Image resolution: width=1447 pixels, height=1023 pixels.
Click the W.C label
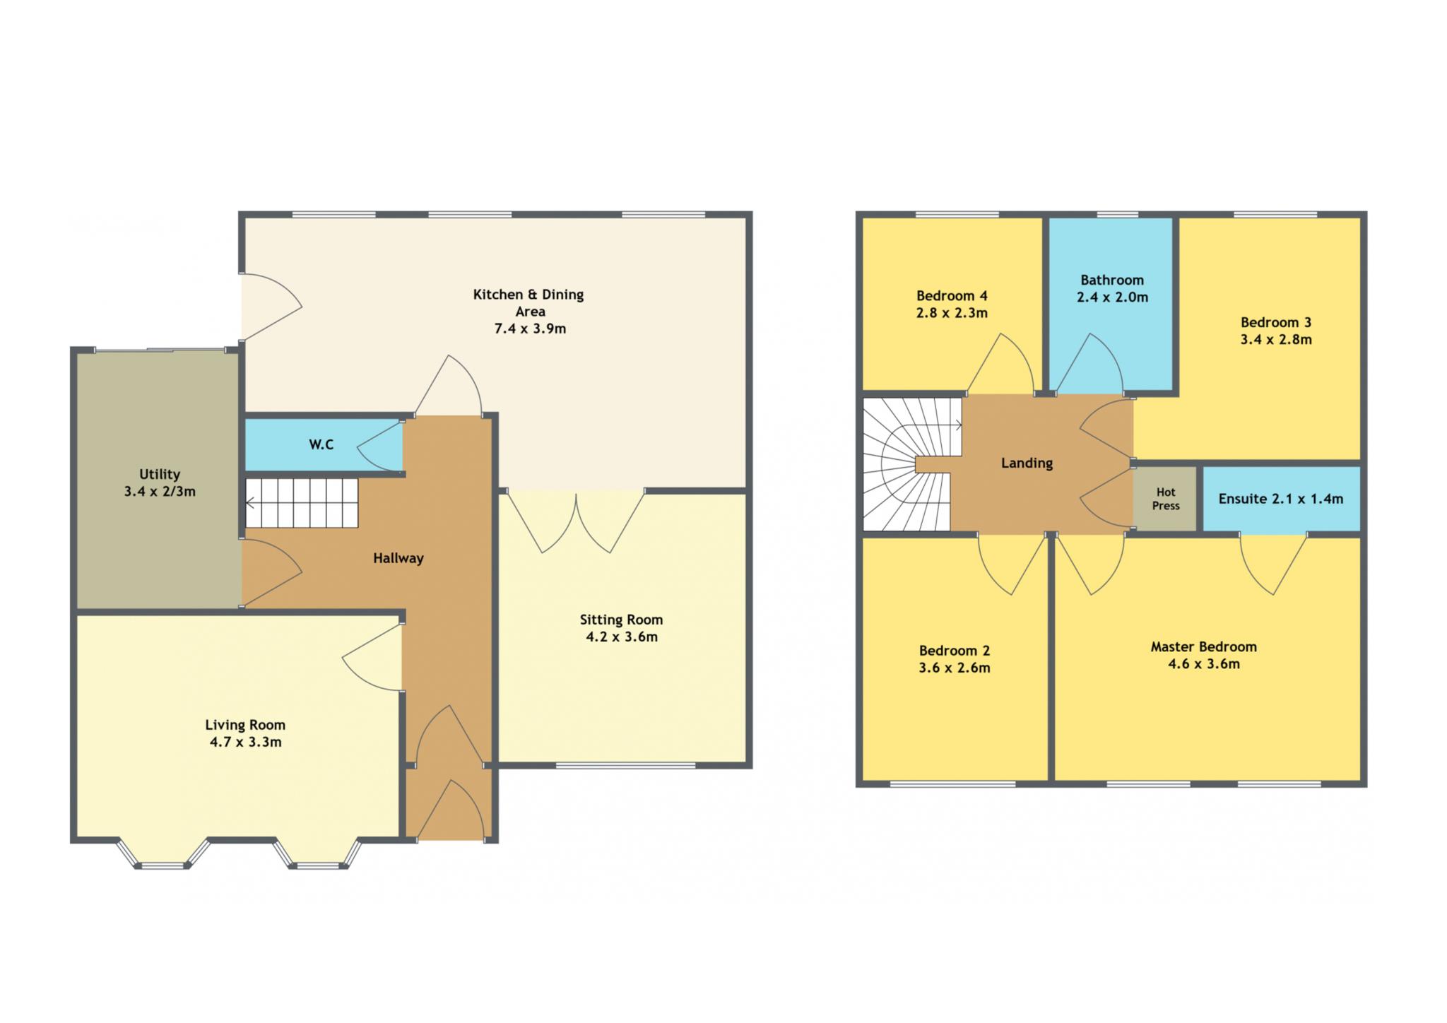(x=321, y=444)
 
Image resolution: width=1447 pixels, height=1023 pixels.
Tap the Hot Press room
(x=1165, y=498)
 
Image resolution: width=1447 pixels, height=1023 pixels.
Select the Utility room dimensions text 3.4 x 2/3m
(x=160, y=491)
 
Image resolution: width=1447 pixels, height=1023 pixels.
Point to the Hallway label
(x=398, y=558)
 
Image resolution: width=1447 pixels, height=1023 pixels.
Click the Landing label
(x=1027, y=463)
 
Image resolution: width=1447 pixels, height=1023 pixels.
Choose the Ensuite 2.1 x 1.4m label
(x=1280, y=499)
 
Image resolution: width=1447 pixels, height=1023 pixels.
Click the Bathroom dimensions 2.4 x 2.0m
(x=1112, y=297)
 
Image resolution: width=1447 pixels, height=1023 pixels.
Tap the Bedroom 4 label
(x=952, y=295)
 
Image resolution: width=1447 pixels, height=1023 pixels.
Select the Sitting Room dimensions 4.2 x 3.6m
(x=622, y=637)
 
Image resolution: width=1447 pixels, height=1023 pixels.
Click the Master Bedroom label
(x=1204, y=646)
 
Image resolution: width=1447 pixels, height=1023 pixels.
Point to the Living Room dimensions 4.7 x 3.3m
(x=245, y=742)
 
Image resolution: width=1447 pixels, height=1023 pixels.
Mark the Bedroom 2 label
(x=955, y=651)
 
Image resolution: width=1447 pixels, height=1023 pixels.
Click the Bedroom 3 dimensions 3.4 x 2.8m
(x=1276, y=339)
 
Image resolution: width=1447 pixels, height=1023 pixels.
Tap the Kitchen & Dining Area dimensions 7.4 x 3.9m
(x=530, y=329)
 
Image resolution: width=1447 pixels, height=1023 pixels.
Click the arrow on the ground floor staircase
(x=302, y=503)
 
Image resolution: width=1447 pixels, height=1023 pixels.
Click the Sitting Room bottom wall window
(x=625, y=765)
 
